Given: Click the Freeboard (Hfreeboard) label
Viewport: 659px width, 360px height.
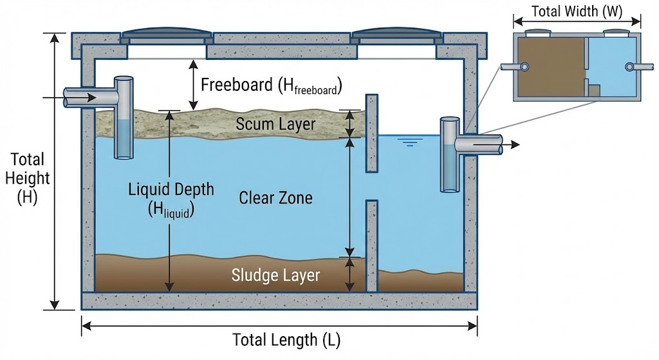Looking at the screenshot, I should tap(271, 85).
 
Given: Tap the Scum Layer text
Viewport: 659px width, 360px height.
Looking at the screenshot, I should tap(275, 124).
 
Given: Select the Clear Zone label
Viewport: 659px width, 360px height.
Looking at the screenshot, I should tap(275, 198).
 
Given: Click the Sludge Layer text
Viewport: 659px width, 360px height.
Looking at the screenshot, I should tap(275, 276).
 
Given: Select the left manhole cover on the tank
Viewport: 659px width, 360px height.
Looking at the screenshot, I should tap(167, 33).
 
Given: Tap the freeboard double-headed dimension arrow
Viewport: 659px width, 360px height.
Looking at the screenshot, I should tap(191, 85).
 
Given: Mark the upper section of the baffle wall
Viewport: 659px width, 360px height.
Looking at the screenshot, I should tap(371, 133).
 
